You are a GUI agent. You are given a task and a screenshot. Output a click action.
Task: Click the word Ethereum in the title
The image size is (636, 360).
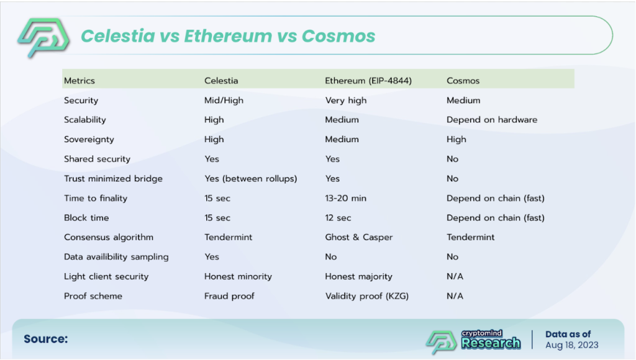pos(228,35)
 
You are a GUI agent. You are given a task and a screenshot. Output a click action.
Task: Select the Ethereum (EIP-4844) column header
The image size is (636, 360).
pos(368,81)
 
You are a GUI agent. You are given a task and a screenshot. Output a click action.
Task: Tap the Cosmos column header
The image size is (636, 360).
pos(463,81)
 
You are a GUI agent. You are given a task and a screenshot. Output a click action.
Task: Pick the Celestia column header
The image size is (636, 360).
pos(221,81)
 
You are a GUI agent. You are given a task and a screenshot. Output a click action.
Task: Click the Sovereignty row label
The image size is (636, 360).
pos(89,140)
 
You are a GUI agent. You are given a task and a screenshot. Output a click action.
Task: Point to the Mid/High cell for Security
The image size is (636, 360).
pos(224,100)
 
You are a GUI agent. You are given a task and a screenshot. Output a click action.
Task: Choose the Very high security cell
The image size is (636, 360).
pos(345,101)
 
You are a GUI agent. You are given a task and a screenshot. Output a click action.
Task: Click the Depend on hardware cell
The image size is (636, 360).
pos(492,120)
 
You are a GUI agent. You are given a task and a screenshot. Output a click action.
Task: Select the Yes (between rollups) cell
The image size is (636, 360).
pos(251,179)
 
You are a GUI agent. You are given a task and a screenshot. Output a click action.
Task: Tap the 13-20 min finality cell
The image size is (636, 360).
pos(345,198)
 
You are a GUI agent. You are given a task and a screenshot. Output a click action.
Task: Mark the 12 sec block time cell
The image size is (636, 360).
pos(338,218)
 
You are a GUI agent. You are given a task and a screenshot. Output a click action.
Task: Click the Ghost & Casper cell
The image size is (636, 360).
pos(358,237)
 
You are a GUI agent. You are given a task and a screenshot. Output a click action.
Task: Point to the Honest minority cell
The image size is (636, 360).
pos(238,276)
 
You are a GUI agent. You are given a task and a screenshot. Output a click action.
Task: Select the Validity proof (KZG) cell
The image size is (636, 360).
pos(366,296)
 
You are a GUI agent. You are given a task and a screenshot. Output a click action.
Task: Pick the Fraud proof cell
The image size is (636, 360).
pos(229,296)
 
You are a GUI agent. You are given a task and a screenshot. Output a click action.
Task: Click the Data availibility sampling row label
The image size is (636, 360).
pos(116,257)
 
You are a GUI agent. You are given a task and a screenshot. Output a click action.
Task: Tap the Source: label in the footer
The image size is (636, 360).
pos(45,339)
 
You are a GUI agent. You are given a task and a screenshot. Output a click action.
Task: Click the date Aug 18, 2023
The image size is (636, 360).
pos(571,345)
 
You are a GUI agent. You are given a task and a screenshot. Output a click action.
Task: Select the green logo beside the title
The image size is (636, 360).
pos(43,38)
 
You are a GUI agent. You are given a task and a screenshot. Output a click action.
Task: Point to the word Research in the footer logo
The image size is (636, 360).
pos(491,343)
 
